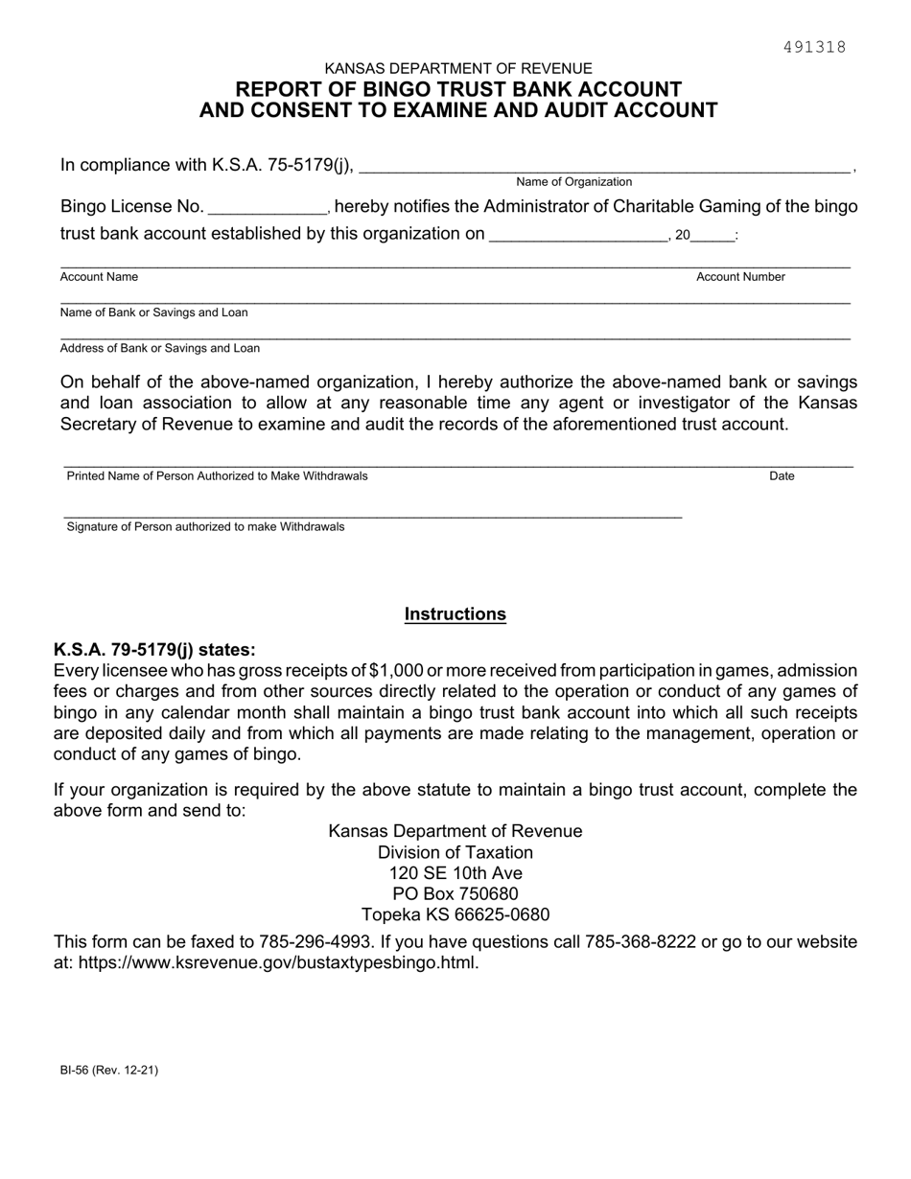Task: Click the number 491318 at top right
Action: (814, 47)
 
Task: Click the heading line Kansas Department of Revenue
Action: (458, 69)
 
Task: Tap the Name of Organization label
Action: (573, 182)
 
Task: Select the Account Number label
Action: (740, 277)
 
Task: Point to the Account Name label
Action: (99, 277)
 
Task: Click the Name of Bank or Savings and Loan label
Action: (153, 312)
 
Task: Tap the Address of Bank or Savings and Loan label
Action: (159, 348)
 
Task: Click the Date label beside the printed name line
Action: (782, 476)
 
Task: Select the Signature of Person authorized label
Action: (205, 527)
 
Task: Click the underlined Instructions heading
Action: (455, 614)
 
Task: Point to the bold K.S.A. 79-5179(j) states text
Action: (154, 650)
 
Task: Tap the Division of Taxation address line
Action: (455, 852)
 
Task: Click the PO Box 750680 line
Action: (455, 894)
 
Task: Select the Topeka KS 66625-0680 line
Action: (455, 914)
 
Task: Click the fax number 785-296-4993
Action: (315, 942)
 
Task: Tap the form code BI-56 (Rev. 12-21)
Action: (109, 1071)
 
